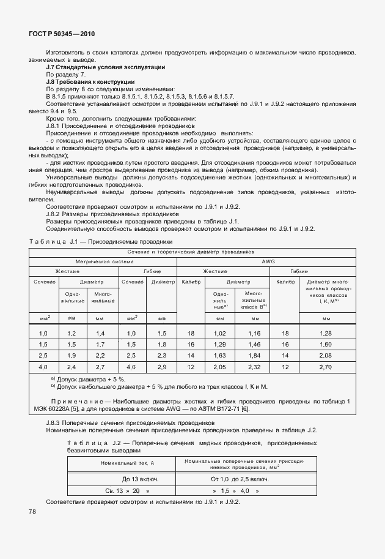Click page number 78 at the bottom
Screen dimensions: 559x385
(32, 511)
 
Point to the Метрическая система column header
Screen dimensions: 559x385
(102, 260)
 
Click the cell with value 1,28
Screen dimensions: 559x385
(326, 332)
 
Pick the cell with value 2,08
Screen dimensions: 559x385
(326, 355)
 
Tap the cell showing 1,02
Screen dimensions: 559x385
(219, 332)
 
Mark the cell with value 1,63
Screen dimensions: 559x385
(219, 355)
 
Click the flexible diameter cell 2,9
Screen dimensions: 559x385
(162, 367)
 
